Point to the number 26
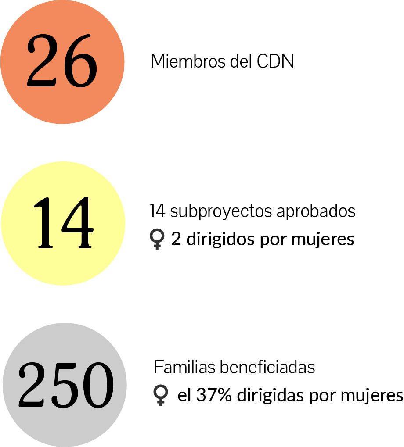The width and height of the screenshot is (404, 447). coord(62,61)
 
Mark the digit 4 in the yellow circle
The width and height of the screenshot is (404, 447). coord(78,223)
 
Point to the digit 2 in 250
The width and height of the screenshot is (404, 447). coord(32,385)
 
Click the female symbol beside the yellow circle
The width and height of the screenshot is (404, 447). coord(157,239)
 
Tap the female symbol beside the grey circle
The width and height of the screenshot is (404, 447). coord(161,395)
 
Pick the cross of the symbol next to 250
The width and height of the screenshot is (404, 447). coord(161,402)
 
